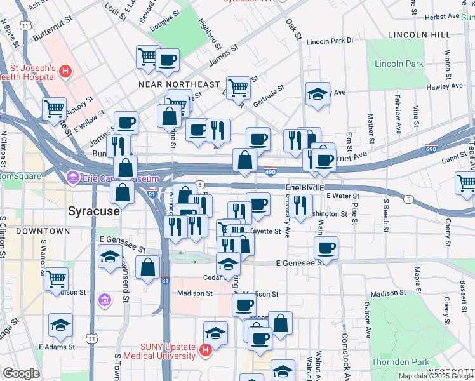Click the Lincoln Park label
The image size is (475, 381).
[x=399, y=64]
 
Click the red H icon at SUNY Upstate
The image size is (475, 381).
[x=206, y=350]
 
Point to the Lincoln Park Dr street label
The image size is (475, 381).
[x=330, y=41]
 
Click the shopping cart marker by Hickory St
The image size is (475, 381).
[x=55, y=108]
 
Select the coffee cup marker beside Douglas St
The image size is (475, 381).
[x=167, y=60]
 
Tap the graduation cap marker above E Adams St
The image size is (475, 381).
[x=60, y=325]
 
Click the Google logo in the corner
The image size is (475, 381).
[x=22, y=373]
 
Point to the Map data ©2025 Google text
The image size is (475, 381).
[x=436, y=376]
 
